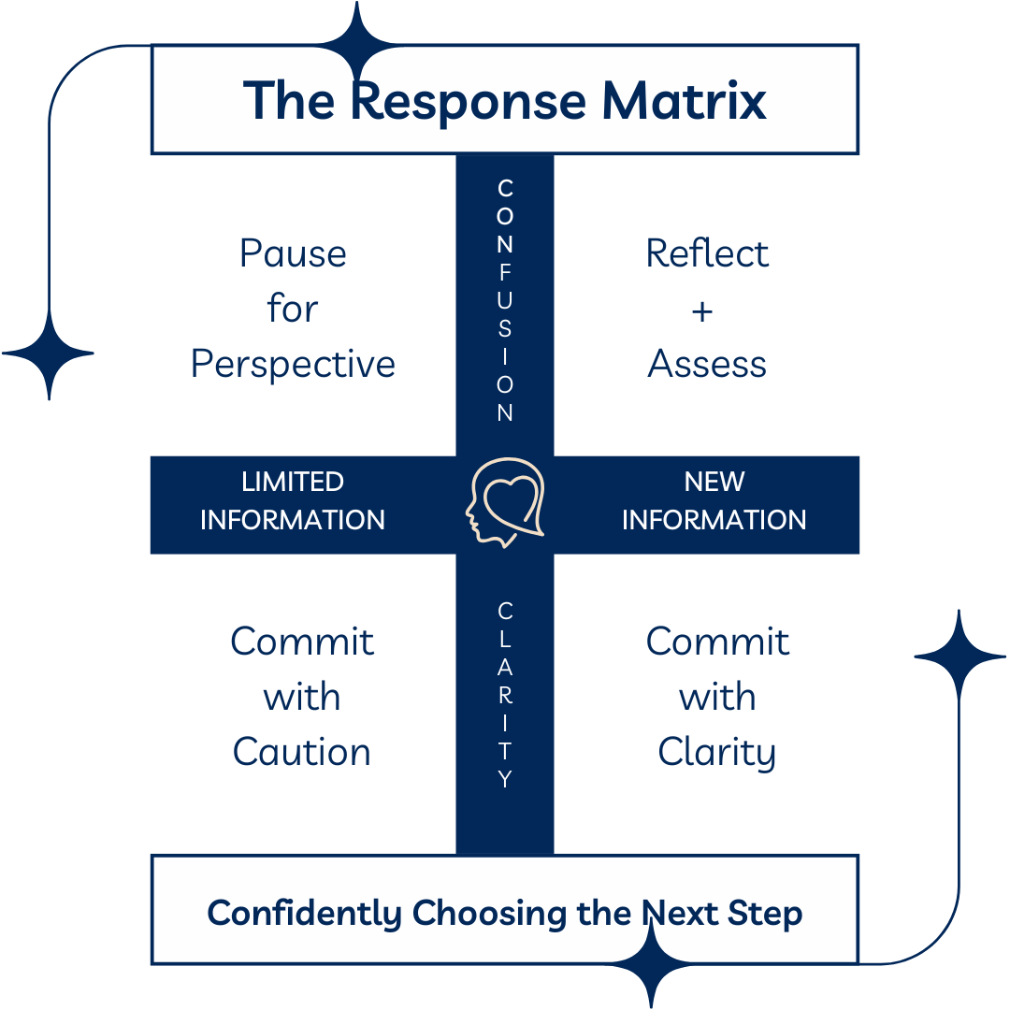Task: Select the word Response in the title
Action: tap(469, 100)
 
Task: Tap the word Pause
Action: tap(293, 253)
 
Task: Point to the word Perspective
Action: tap(293, 364)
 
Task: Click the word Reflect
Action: tap(707, 253)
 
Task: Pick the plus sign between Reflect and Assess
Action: tap(702, 310)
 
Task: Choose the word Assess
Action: tap(707, 364)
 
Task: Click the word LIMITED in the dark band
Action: tap(293, 482)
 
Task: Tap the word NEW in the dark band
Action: tap(714, 482)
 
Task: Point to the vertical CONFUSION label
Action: tap(505, 300)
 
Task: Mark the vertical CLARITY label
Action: tap(505, 696)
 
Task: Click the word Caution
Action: tap(302, 752)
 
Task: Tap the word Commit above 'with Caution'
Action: tap(302, 642)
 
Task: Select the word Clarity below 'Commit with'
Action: tap(716, 752)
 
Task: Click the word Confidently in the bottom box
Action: tap(306, 913)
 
